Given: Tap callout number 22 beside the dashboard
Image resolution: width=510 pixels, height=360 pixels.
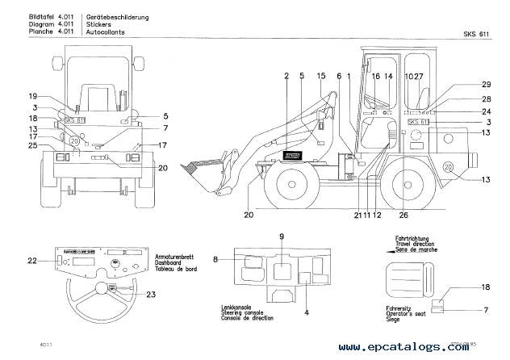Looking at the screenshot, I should tap(32, 261).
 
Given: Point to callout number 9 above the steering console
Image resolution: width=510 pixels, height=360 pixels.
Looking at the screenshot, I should tap(281, 236).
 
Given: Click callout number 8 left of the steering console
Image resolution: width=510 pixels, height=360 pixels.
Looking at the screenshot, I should tap(217, 259).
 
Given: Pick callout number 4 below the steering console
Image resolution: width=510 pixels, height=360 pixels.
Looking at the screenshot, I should tap(307, 312).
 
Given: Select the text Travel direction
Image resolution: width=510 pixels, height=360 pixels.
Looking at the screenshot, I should tap(417, 243).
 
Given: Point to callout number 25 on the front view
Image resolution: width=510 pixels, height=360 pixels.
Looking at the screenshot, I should tap(32, 145).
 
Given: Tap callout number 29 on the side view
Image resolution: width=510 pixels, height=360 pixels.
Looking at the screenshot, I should tap(486, 85).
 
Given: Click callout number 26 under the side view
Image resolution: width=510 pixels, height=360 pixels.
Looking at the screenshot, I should tap(403, 215).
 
